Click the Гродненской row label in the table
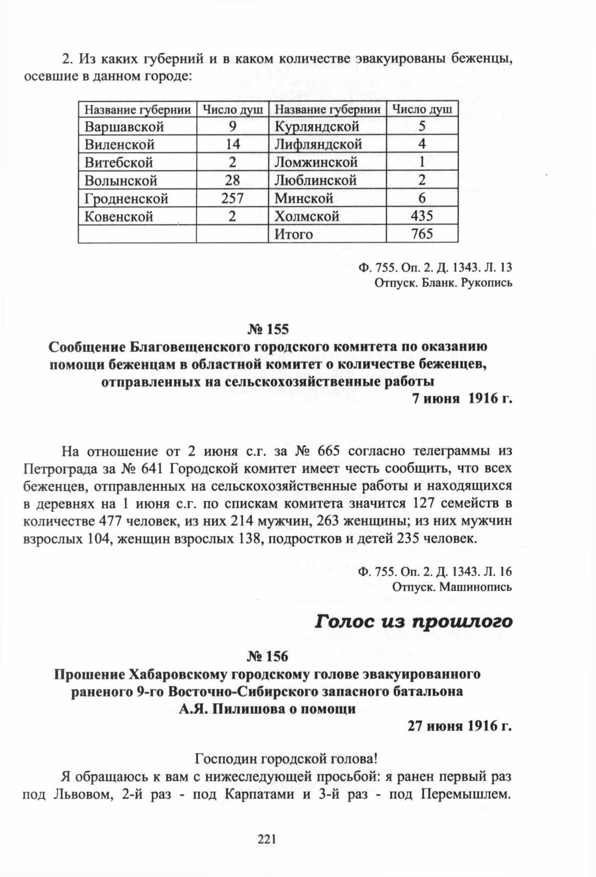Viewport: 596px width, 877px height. pyautogui.click(x=126, y=199)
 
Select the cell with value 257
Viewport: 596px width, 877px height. pyautogui.click(x=232, y=199)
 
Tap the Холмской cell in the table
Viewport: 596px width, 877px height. pyautogui.click(x=307, y=216)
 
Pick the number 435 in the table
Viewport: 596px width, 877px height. pyautogui.click(x=421, y=216)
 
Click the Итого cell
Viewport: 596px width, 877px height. pyautogui.click(x=294, y=234)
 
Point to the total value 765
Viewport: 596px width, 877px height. pyautogui.click(x=421, y=234)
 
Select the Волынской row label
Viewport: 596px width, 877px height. pyautogui.click(x=121, y=181)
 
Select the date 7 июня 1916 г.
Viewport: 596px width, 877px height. pyautogui.click(x=461, y=400)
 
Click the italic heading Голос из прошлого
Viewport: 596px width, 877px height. pyautogui.click(x=414, y=621)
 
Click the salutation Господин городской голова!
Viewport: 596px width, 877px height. pyautogui.click(x=284, y=758)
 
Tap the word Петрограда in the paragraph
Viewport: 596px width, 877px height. pyautogui.click(x=59, y=468)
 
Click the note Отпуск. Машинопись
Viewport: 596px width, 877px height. pyautogui.click(x=452, y=587)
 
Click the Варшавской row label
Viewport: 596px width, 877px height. pyautogui.click(x=124, y=126)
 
